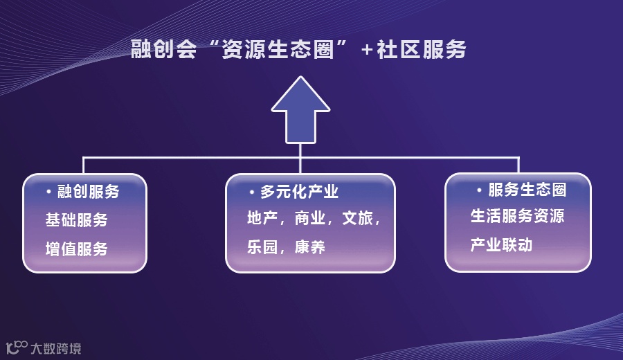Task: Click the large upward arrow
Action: (300, 111)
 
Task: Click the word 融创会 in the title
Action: (163, 50)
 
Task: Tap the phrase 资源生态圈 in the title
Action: (277, 50)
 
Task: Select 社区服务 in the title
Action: (422, 50)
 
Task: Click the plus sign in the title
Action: (367, 51)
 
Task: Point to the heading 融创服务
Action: (88, 192)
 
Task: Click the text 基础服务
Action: (76, 220)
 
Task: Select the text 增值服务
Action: (76, 249)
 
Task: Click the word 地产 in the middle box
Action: (262, 219)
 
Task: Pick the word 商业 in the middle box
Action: (309, 219)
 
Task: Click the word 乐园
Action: (262, 247)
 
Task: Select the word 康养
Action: (309, 247)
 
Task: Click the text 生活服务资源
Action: (518, 216)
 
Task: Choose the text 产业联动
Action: (502, 244)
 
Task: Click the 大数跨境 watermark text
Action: (56, 348)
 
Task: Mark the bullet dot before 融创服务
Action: (48, 190)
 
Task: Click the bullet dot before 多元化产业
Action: (252, 191)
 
